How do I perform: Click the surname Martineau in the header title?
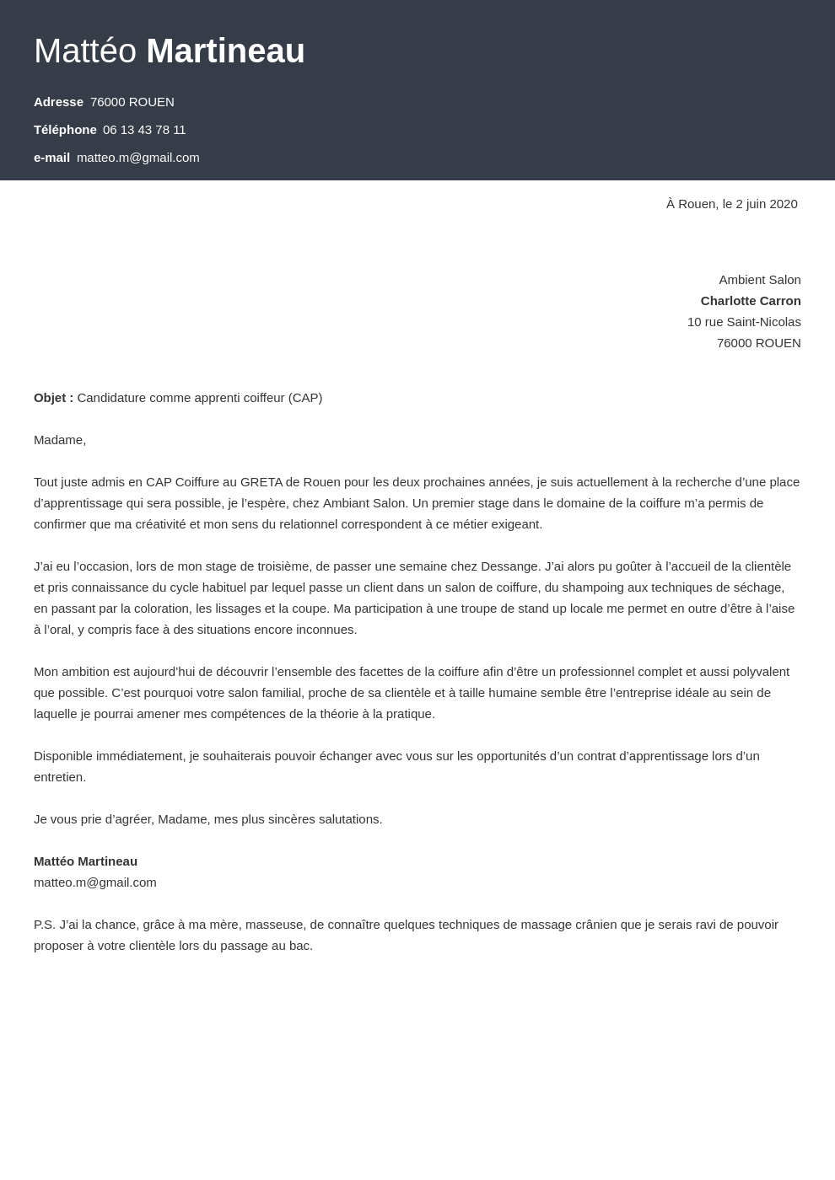pos(225,51)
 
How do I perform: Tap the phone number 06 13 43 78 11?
pos(144,130)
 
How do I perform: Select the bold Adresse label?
pos(58,102)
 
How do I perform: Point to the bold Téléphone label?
pos(65,130)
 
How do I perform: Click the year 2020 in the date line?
pos(784,204)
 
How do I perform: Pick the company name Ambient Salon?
pos(759,280)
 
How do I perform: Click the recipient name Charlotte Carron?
pos(750,301)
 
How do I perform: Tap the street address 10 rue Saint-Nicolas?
pos(743,322)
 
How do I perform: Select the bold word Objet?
pos(50,398)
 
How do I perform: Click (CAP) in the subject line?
pos(305,398)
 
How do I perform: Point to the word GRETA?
pos(261,482)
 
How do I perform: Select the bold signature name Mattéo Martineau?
pos(85,861)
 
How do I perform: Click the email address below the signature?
pos(94,882)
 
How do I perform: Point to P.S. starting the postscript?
pos(45,925)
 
